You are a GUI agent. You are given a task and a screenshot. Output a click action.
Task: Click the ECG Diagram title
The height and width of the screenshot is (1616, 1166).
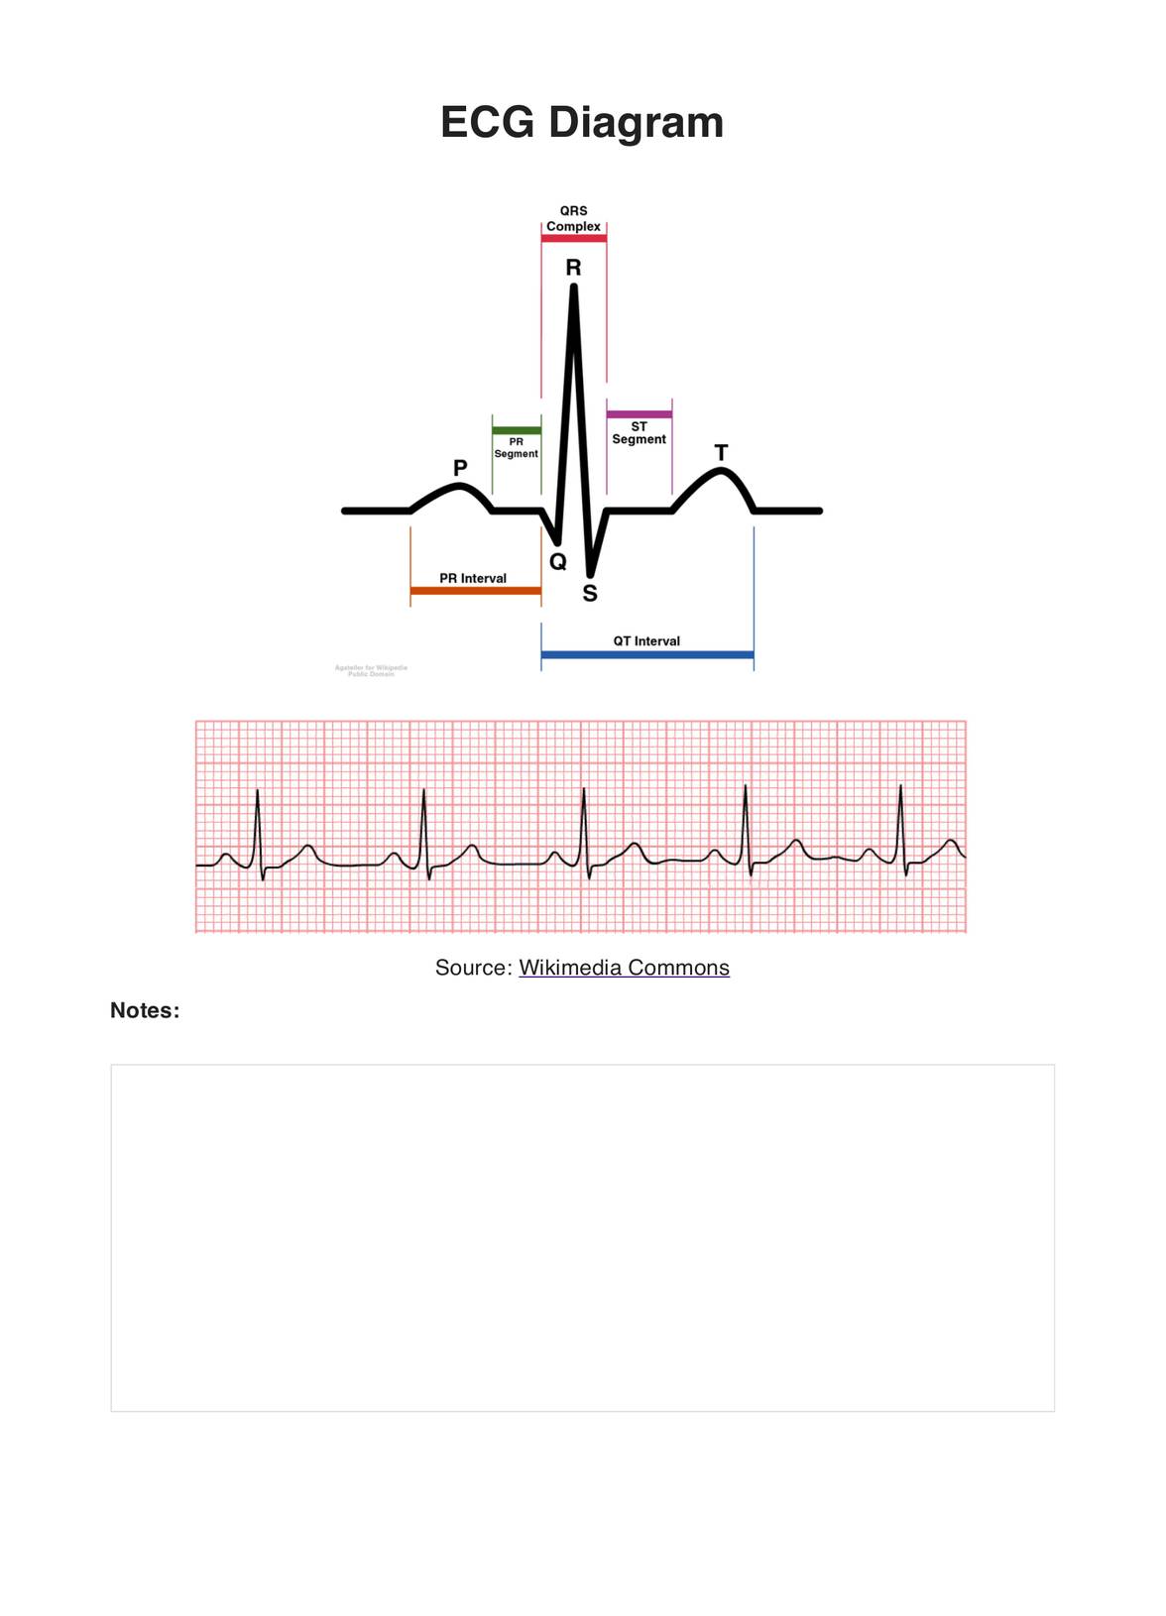[x=582, y=123]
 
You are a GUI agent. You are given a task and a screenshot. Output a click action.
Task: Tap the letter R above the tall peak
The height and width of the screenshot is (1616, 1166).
[x=573, y=268]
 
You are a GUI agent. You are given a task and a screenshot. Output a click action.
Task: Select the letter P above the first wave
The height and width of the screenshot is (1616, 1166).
[x=460, y=468]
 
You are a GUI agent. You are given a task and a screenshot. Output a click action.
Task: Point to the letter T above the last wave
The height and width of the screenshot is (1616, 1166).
[x=721, y=453]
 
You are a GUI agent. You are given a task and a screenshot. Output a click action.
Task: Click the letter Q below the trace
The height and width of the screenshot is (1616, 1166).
[x=558, y=562]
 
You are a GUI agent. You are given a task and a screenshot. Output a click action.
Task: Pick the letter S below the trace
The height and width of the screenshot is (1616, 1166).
[x=590, y=594]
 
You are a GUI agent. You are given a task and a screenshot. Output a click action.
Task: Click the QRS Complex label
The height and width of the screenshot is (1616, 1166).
[x=573, y=219]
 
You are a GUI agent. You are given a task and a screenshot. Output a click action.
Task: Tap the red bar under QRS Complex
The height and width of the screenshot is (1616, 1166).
[x=573, y=239]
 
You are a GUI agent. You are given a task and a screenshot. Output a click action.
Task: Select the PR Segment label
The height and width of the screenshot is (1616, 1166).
[x=517, y=448]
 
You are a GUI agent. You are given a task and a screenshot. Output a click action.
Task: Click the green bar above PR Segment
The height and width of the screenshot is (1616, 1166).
[x=517, y=430]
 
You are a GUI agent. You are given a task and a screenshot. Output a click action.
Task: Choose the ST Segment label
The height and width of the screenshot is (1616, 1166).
[x=639, y=433]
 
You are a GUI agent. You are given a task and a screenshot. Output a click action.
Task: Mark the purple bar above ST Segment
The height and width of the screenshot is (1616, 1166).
[x=639, y=414]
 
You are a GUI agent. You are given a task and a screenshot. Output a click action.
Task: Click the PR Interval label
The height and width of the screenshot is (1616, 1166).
[x=473, y=578]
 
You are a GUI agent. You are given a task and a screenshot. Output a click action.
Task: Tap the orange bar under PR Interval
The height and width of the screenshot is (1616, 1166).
[x=475, y=591]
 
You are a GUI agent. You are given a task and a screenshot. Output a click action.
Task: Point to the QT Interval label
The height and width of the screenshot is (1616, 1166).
[x=646, y=641]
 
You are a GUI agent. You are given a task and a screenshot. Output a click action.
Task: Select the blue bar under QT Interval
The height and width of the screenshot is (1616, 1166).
[x=646, y=655]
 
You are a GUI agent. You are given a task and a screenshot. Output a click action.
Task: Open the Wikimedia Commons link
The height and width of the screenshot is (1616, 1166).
[x=624, y=968]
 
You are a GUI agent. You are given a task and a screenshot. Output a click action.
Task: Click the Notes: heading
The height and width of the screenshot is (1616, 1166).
[x=145, y=1010]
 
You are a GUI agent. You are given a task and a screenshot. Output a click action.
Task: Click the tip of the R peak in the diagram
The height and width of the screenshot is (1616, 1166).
[x=574, y=288]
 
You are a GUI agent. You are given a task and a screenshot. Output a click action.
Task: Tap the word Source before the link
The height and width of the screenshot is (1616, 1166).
[x=472, y=968]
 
